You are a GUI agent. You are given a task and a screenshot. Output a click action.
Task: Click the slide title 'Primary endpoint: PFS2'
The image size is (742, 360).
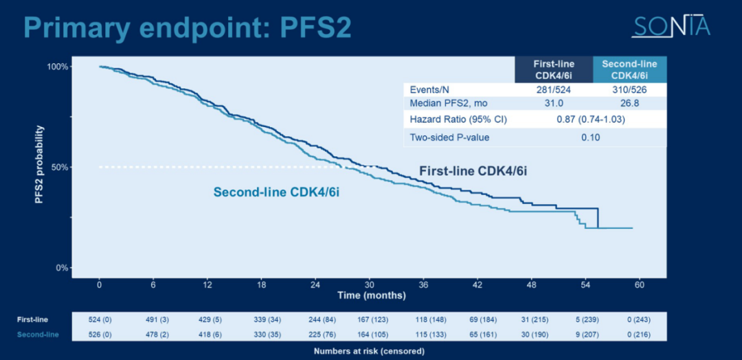(188, 27)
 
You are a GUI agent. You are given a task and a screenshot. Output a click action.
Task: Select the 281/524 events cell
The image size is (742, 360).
(554, 90)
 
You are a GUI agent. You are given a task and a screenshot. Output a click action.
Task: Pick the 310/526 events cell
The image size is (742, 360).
(629, 90)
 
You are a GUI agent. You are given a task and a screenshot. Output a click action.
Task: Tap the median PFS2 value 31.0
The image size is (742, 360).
(554, 103)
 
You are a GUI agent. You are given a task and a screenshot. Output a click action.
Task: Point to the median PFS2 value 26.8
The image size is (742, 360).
(629, 103)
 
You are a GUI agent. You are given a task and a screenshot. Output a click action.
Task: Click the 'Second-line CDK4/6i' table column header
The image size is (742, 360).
(629, 69)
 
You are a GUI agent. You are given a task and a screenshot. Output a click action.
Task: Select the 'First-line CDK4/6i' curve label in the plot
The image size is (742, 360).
(473, 170)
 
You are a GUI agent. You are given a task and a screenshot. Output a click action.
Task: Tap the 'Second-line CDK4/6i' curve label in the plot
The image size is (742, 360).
(276, 192)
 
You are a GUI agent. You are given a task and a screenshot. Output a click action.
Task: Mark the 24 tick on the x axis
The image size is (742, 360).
(315, 284)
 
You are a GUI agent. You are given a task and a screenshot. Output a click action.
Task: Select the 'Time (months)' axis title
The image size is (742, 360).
(371, 295)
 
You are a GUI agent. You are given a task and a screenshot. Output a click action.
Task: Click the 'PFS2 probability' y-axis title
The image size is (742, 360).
(40, 165)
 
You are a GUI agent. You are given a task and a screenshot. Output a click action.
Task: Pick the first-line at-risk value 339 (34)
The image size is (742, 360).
(262, 319)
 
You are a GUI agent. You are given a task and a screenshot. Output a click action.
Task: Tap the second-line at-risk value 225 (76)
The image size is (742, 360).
(315, 335)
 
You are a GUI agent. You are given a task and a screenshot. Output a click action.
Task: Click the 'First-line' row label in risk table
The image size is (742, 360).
(33, 319)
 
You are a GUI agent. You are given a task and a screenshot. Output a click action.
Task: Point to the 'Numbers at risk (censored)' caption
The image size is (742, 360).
(369, 351)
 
